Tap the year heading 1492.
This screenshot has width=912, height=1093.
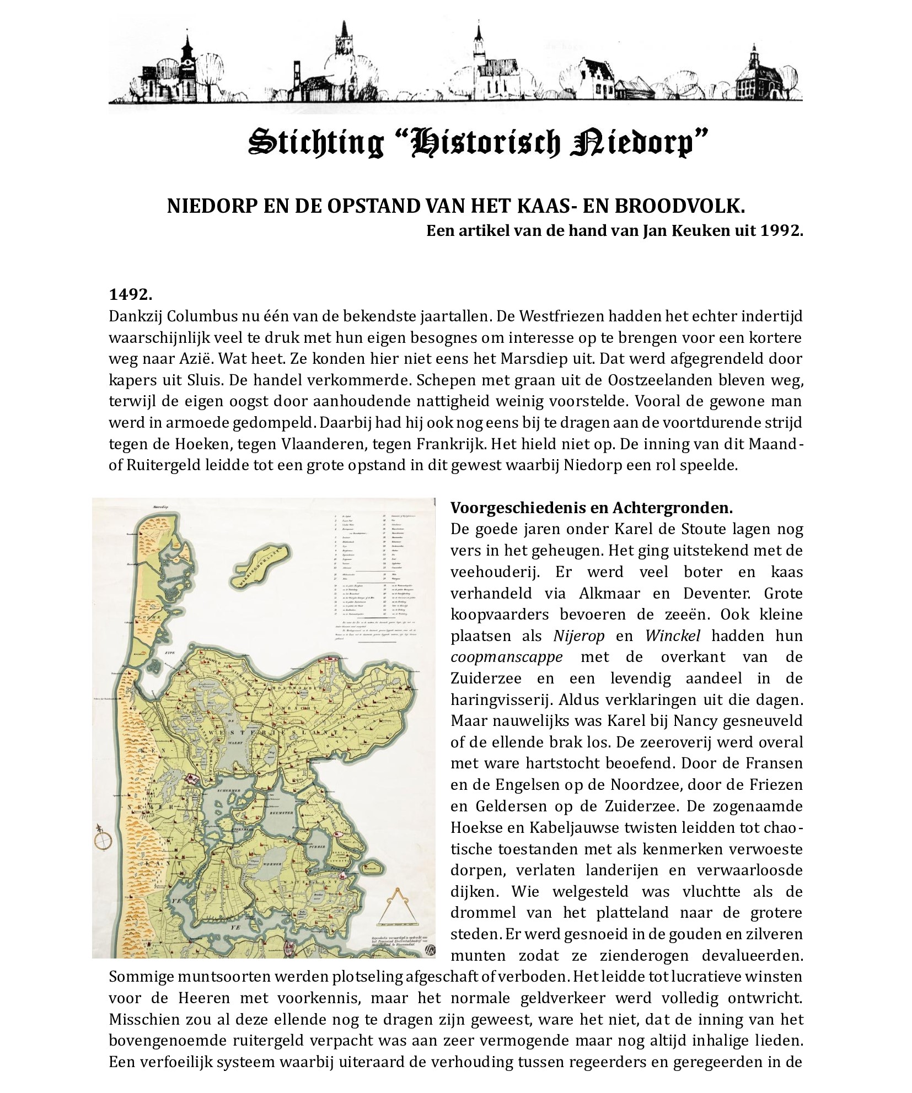pyautogui.click(x=130, y=294)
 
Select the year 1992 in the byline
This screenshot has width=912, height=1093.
pyautogui.click(x=781, y=230)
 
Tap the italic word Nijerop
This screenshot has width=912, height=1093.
pyautogui.click(x=579, y=636)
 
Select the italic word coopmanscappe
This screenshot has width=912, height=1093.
pyautogui.click(x=507, y=657)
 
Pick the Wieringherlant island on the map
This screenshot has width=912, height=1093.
pyautogui.click(x=261, y=564)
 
